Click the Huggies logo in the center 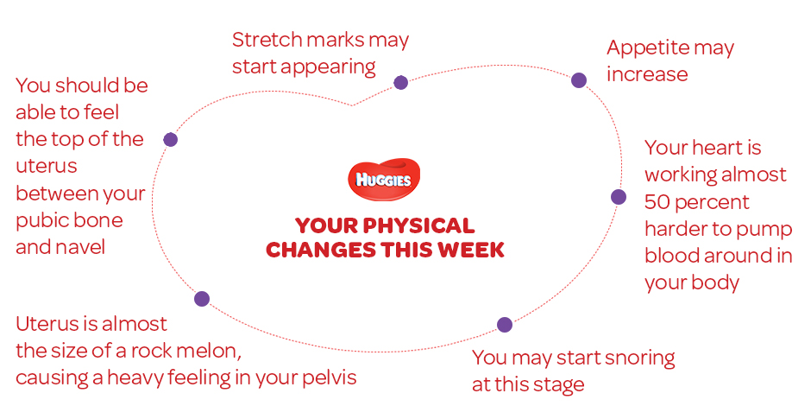[384, 180]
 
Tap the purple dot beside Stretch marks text [401, 82]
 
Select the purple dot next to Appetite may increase [579, 80]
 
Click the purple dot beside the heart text [618, 197]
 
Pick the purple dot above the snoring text [505, 325]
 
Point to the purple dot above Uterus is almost [202, 299]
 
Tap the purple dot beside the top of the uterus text [170, 139]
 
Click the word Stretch [261, 40]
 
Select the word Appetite [647, 49]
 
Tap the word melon [213, 352]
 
